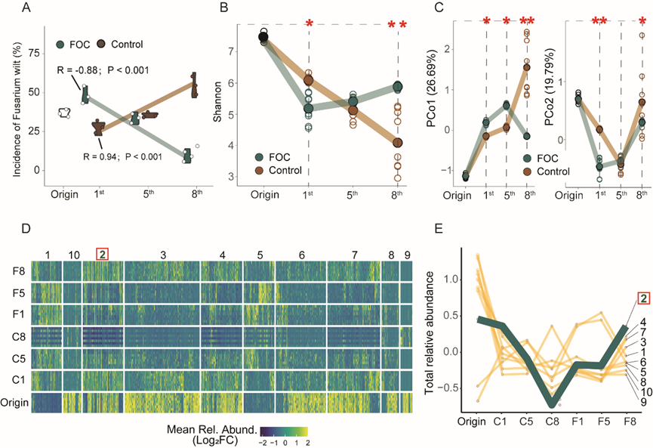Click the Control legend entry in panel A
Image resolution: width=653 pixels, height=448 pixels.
pyautogui.click(x=125, y=44)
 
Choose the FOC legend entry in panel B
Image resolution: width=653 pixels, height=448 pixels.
pyautogui.click(x=278, y=158)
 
